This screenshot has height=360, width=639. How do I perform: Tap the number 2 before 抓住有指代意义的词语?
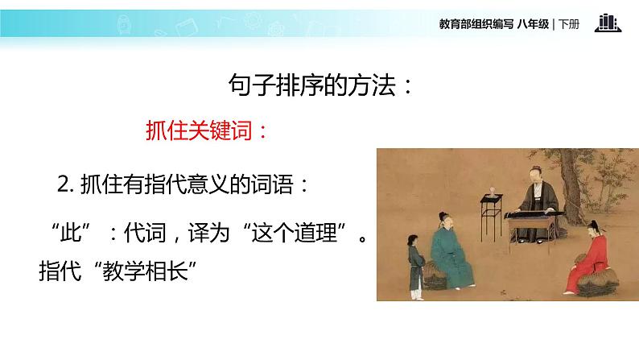click(64, 184)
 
